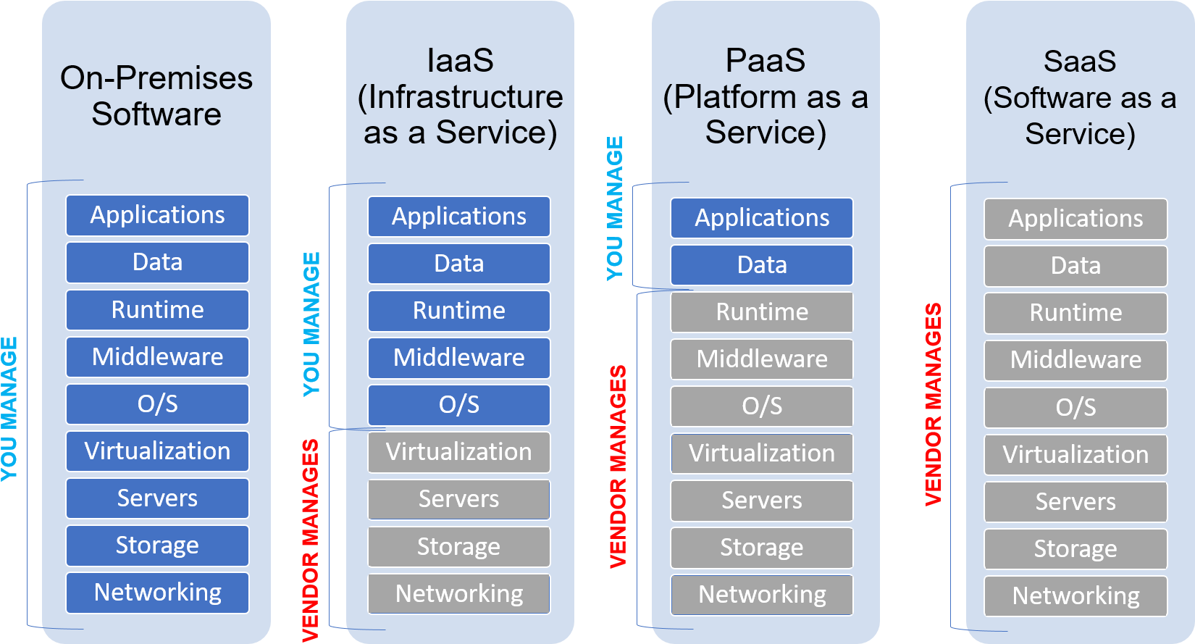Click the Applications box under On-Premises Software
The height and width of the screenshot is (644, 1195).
157,215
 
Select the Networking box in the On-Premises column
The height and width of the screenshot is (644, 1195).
157,593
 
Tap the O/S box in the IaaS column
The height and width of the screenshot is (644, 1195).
458,405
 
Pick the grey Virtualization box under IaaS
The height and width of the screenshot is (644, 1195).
458,452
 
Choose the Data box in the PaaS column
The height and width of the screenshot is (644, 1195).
762,264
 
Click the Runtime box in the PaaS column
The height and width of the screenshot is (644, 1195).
762,312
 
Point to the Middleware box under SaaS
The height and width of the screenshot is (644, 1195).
1075,360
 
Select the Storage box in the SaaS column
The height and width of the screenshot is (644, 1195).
1075,549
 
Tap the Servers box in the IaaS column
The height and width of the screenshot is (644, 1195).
458,499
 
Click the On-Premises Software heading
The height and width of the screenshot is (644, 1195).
156,96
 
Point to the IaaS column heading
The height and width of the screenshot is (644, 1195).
460,96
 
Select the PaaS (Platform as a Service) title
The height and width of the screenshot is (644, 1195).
766,96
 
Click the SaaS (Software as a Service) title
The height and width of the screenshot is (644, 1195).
1080,98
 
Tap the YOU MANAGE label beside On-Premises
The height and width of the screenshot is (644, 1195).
9,409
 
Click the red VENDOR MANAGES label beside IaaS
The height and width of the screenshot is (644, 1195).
311,540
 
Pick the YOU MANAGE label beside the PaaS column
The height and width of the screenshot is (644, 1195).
615,209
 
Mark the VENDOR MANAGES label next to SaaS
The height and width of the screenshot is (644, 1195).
934,404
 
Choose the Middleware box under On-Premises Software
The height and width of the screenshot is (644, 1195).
157,357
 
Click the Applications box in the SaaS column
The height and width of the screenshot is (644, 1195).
1075,219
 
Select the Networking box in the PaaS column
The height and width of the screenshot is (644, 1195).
762,595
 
